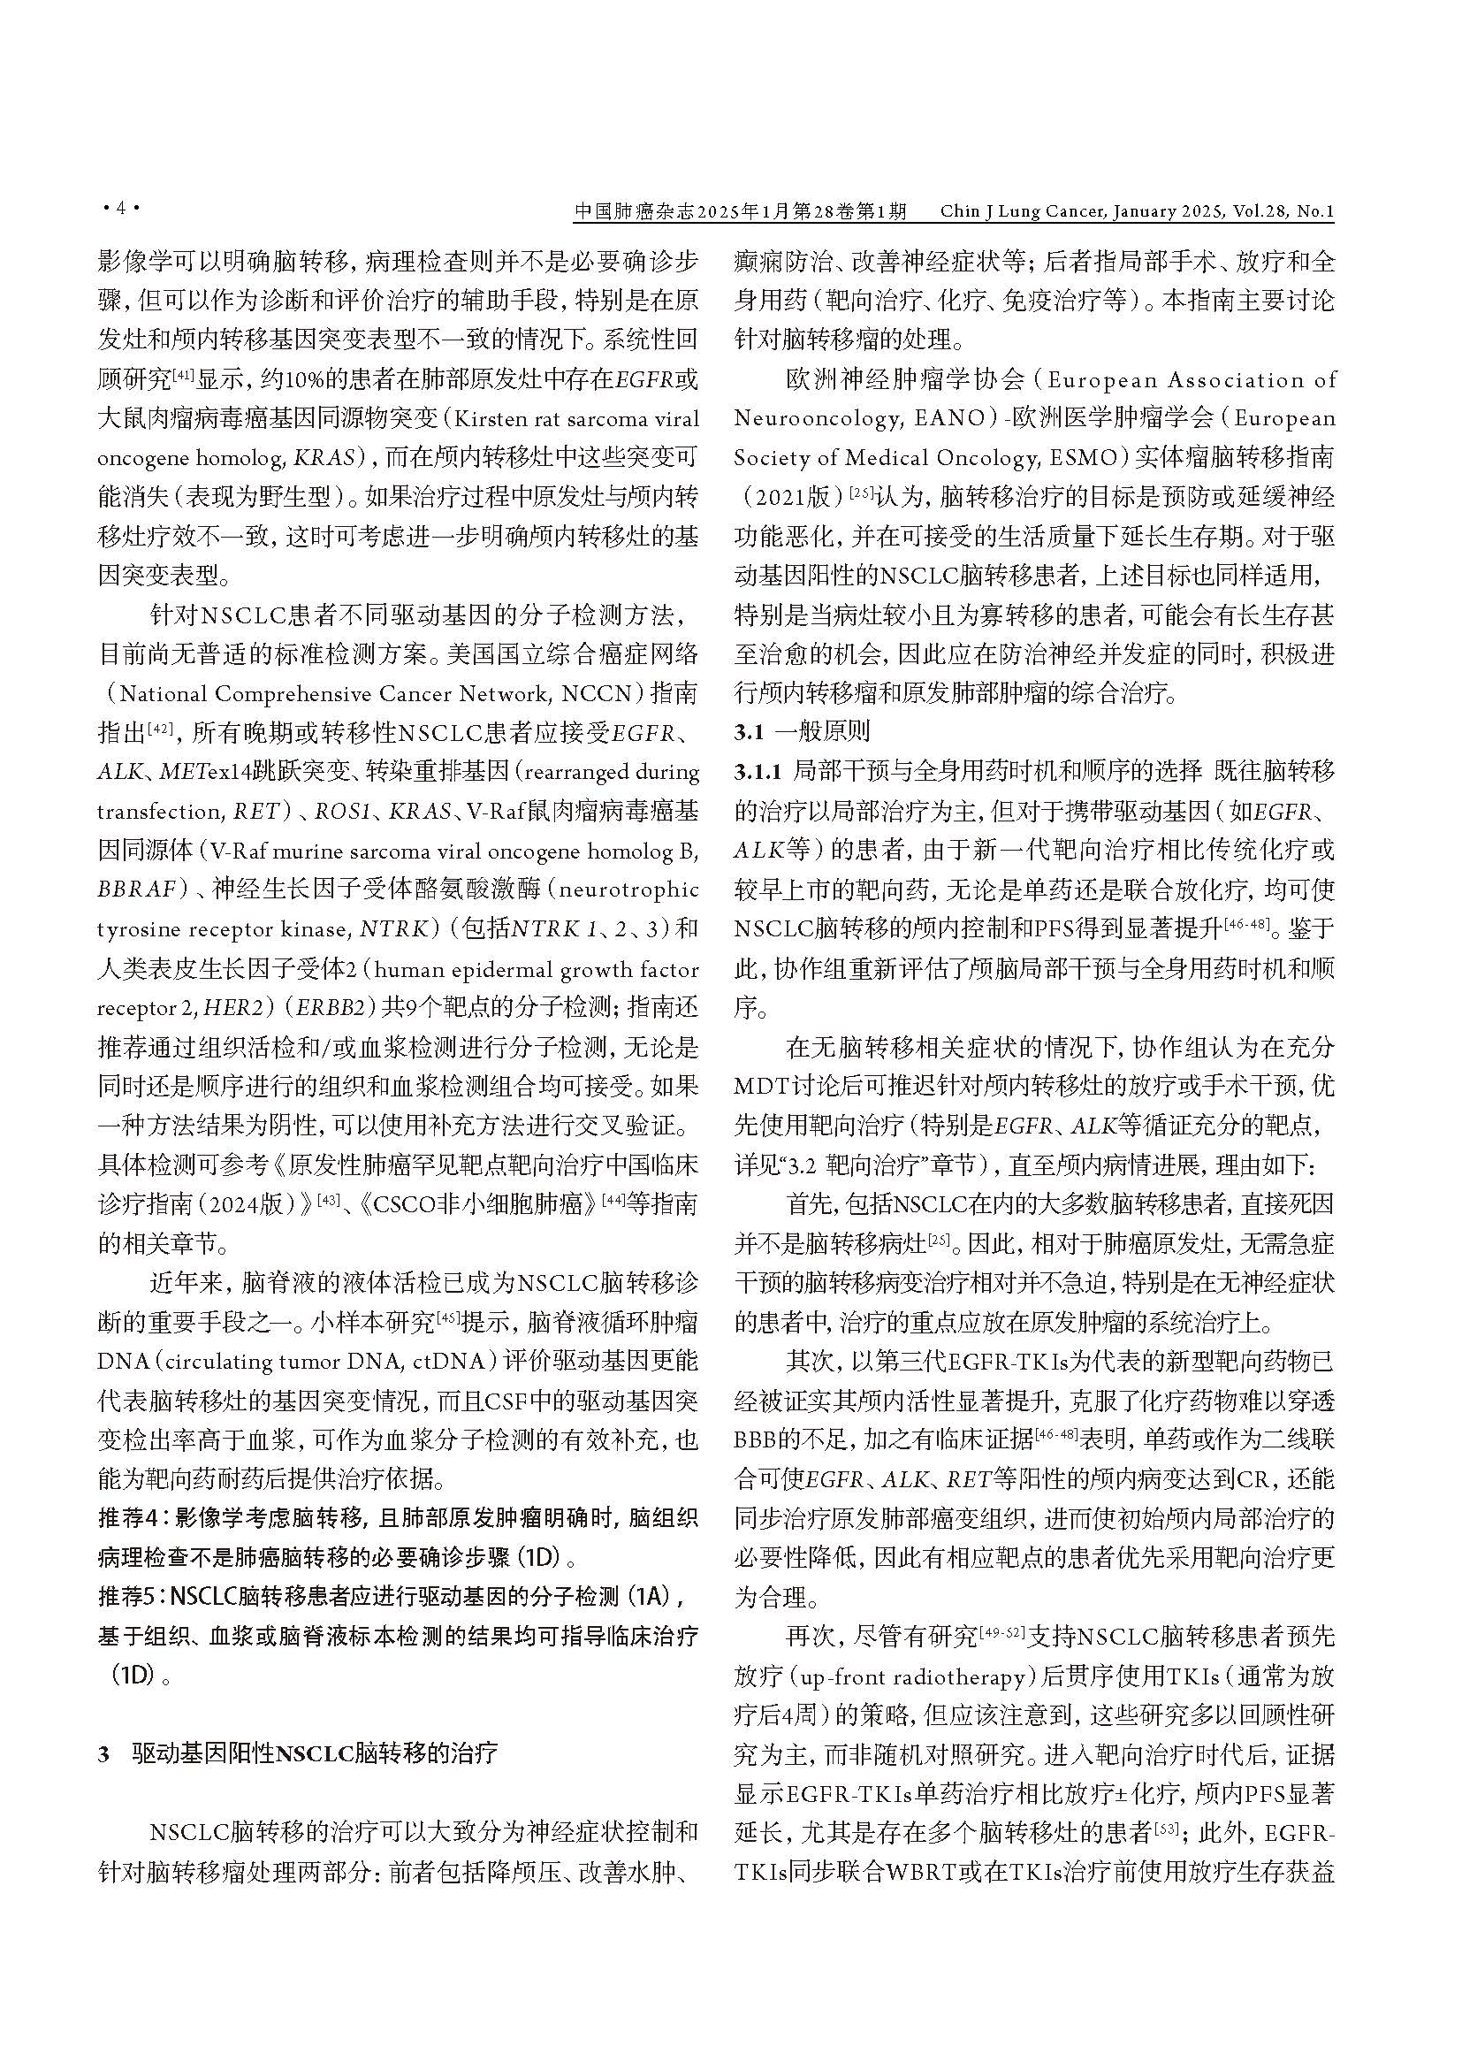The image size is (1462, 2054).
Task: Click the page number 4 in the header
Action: [x=118, y=210]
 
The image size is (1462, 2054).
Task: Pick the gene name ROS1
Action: [x=348, y=811]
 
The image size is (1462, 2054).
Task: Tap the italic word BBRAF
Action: [x=136, y=890]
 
